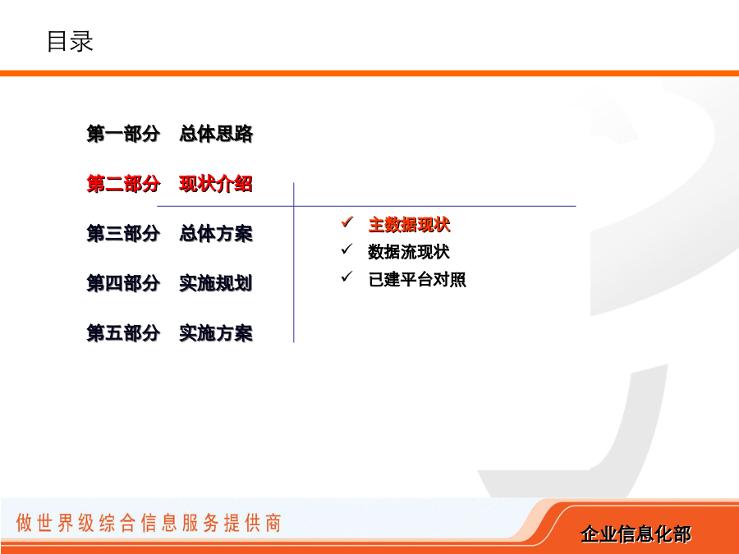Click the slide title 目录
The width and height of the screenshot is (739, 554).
click(70, 42)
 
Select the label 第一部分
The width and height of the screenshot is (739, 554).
click(123, 134)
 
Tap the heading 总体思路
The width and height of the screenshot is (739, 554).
click(216, 134)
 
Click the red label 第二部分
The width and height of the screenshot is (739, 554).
click(123, 184)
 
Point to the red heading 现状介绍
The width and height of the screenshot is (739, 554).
click(216, 184)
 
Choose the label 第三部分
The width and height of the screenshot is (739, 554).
click(123, 234)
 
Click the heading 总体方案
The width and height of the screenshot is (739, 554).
click(216, 234)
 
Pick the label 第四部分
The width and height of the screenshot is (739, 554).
click(123, 284)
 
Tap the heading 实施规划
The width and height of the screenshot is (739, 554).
click(216, 284)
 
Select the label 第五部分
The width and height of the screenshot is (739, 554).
click(123, 333)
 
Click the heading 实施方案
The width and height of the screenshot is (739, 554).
click(216, 333)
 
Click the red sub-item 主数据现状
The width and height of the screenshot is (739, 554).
click(410, 225)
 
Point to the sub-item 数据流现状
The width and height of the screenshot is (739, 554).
click(409, 252)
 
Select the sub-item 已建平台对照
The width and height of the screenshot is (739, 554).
click(417, 279)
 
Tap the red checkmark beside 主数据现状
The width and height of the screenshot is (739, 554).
click(347, 222)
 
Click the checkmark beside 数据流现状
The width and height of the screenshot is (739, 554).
click(347, 249)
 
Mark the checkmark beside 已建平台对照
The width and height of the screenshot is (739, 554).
click(347, 276)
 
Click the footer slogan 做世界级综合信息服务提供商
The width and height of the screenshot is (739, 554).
click(149, 523)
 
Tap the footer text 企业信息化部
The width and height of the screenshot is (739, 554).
click(636, 534)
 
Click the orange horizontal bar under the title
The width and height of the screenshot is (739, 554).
click(369, 73)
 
